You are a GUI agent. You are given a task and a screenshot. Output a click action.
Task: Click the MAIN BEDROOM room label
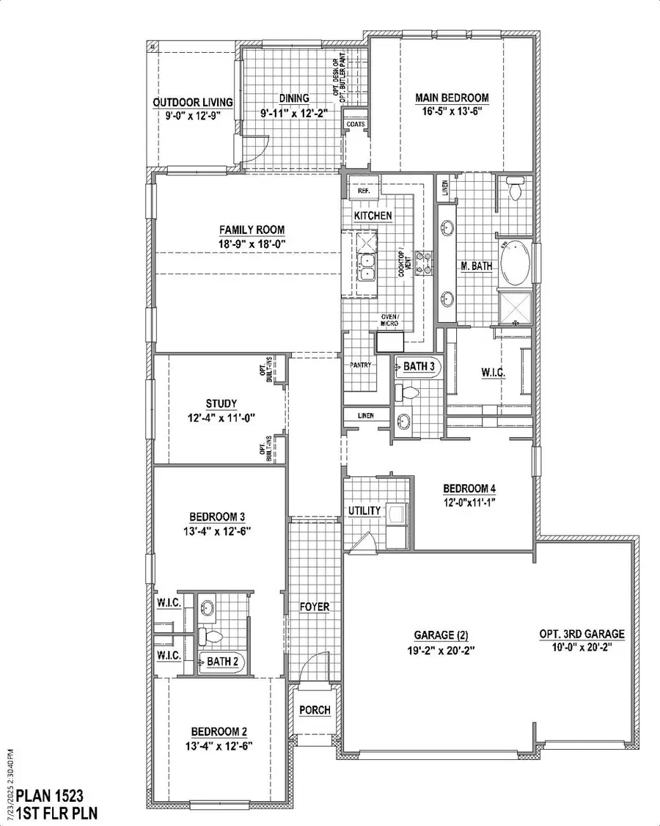452,98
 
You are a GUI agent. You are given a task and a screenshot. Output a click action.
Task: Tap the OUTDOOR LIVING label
193,102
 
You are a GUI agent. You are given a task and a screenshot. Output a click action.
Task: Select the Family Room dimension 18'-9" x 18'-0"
246,243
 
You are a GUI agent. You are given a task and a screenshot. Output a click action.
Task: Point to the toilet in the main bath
515,190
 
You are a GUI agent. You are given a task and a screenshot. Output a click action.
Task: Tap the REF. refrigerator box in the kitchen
363,190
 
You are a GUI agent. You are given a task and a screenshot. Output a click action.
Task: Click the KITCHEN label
373,216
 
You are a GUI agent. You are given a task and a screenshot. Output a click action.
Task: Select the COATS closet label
355,125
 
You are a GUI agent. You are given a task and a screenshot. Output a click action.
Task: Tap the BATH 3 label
419,366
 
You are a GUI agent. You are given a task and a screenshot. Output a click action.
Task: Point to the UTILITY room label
364,511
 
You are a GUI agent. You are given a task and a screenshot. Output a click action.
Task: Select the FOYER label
315,607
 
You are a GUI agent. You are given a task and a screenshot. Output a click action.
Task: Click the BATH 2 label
221,662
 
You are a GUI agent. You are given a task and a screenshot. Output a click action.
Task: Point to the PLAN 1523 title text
49,794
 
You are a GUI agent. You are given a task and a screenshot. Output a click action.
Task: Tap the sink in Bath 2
208,607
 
